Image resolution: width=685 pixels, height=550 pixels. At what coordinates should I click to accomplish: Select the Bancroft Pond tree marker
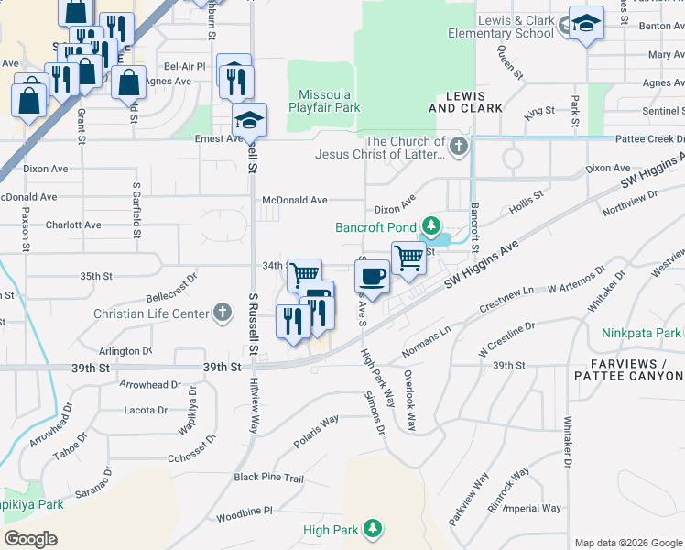[x=430, y=225]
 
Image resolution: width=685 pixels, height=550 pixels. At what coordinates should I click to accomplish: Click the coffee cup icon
[x=372, y=275]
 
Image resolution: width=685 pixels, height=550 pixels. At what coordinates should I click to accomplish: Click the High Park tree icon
[x=372, y=529]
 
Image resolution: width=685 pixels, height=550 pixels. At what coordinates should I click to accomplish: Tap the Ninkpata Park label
[x=642, y=333]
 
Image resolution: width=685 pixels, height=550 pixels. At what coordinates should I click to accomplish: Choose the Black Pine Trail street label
[x=268, y=478]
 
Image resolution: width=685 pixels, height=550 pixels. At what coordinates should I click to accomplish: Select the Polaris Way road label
[x=317, y=432]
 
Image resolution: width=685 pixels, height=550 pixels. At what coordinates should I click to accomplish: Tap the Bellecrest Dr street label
[x=171, y=299]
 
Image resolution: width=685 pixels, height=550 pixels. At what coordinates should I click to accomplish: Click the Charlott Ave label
[x=73, y=225]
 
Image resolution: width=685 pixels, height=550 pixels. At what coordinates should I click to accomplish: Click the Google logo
[x=30, y=539]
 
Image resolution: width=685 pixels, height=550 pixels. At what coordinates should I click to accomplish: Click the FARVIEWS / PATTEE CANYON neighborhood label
[x=626, y=370]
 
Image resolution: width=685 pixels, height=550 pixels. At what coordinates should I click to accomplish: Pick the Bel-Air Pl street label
[x=185, y=67]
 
